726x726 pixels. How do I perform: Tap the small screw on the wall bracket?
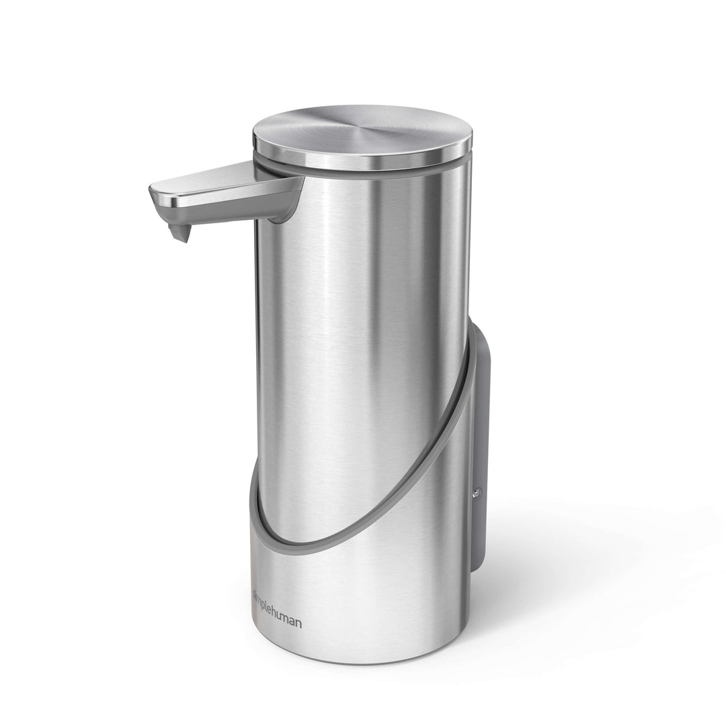pos(477,493)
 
